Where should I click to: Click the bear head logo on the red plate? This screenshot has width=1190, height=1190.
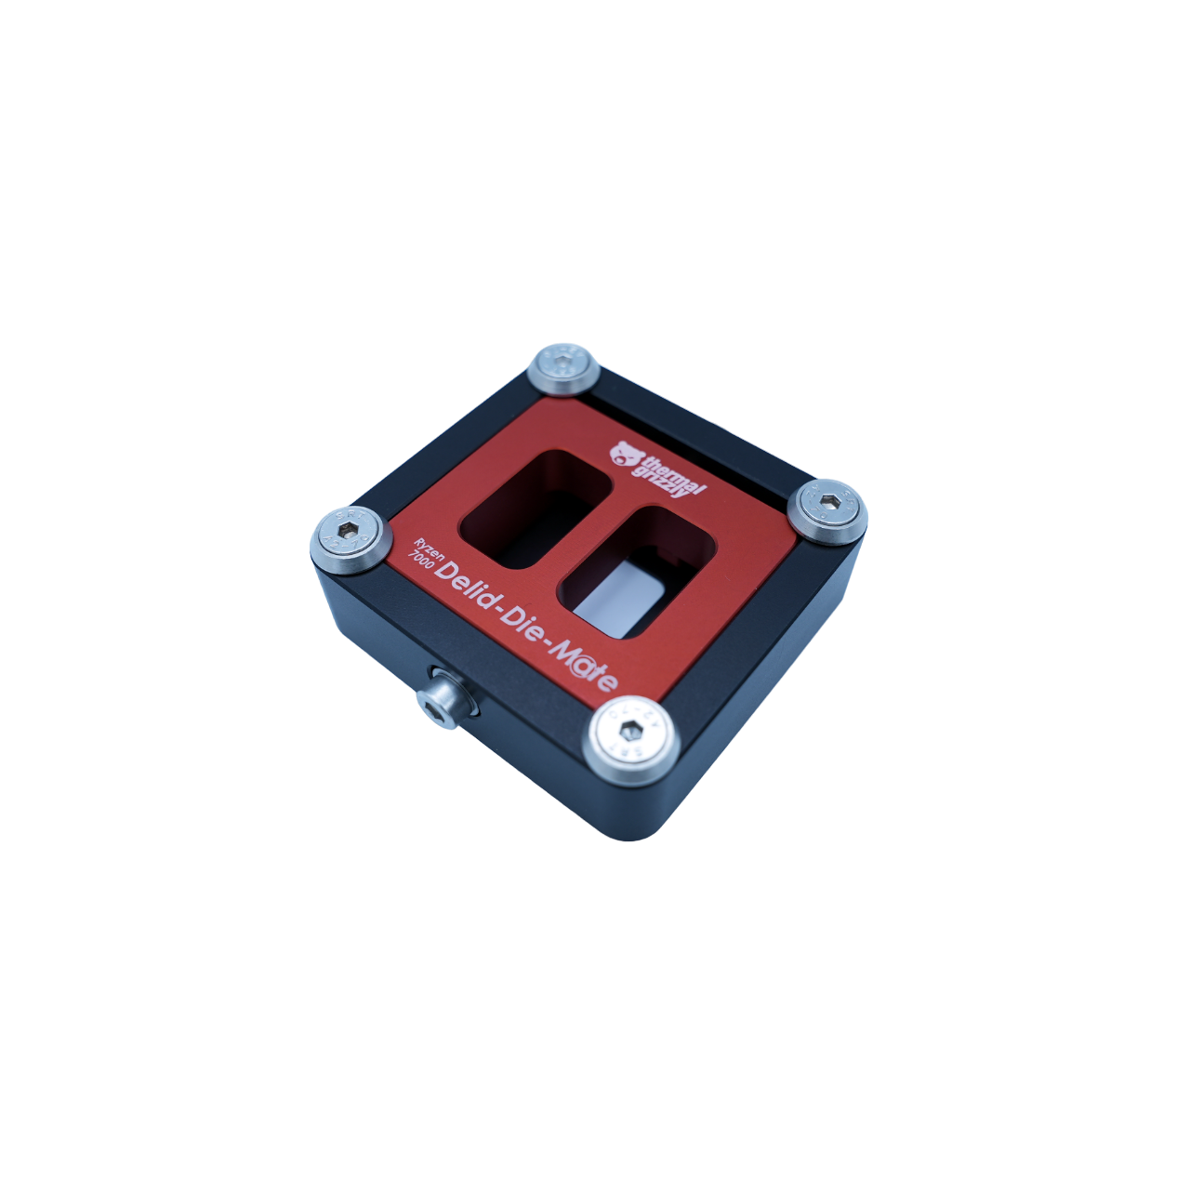tap(627, 454)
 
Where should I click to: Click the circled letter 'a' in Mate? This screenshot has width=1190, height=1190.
tap(581, 666)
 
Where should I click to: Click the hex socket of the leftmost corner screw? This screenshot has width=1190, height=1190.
tap(349, 530)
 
